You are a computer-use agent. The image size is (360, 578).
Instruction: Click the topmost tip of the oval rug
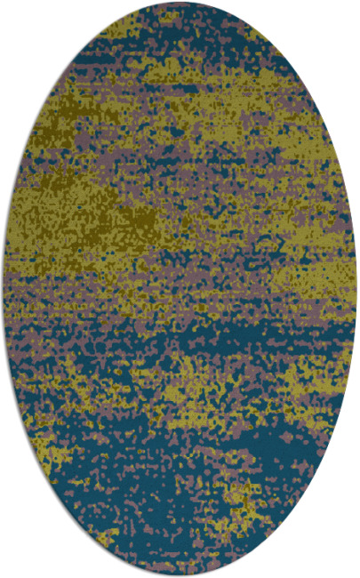pyautogui.click(x=180, y=4)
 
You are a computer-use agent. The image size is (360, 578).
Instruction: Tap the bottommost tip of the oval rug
pyautogui.click(x=180, y=574)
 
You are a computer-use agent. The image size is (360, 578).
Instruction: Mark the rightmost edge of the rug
pyautogui.click(x=356, y=289)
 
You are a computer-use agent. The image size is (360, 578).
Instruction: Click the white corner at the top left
pyautogui.click(x=13, y=13)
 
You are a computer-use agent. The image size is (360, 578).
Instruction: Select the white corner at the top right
pyautogui.click(x=347, y=13)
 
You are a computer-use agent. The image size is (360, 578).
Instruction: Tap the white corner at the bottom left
pyautogui.click(x=13, y=565)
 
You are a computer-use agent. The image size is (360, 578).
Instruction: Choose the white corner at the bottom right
pyautogui.click(x=347, y=565)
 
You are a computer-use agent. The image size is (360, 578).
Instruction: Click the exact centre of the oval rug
pyautogui.click(x=180, y=289)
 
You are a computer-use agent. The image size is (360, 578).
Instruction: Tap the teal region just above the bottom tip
pyautogui.click(x=178, y=547)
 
